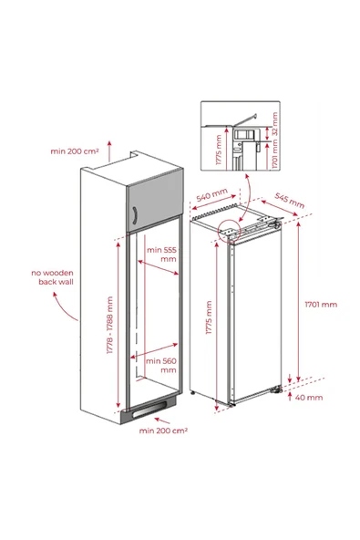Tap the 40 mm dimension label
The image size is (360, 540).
tap(309, 397)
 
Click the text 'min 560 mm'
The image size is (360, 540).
tap(161, 365)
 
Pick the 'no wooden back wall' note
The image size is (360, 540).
tap(53, 278)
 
